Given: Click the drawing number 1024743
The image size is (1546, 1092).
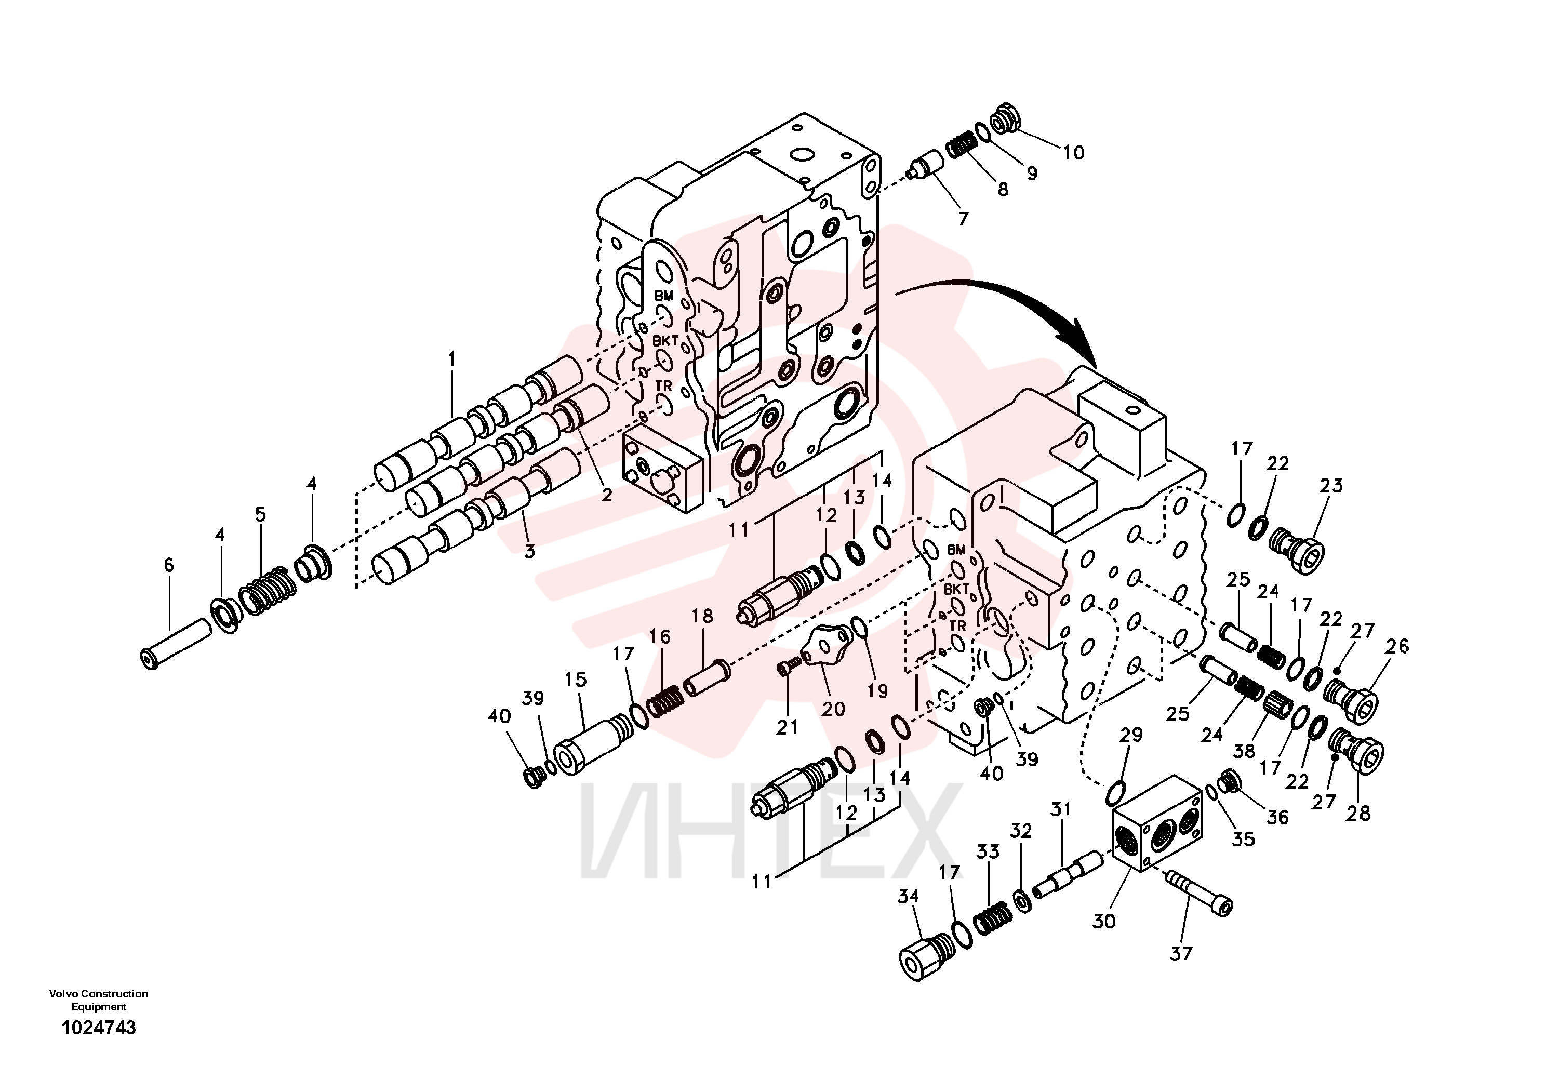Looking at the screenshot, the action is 99,1028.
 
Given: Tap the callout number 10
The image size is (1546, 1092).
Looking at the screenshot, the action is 1074,153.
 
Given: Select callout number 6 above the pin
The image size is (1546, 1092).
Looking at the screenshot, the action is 168,565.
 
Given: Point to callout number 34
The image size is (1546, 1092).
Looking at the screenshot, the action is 909,896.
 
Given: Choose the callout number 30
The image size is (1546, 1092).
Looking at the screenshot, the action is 1104,922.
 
